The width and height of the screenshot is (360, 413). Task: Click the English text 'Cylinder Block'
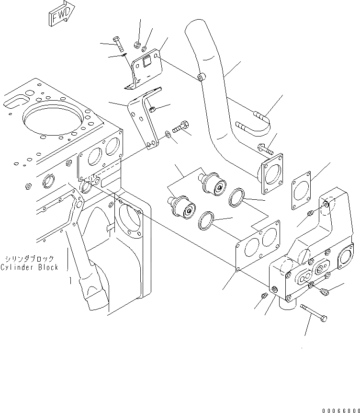(x=30, y=267)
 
